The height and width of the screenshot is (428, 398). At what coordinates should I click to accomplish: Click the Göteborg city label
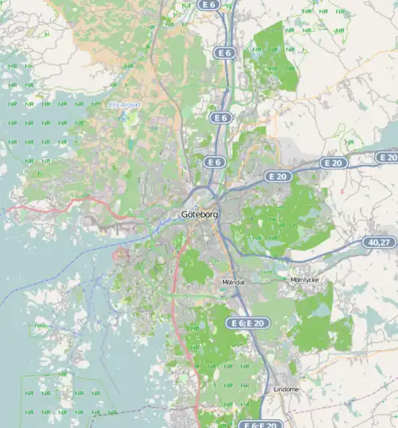(199, 214)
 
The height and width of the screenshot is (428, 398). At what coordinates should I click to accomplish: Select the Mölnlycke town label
(304, 280)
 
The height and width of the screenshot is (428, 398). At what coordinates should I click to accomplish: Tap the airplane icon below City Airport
(123, 117)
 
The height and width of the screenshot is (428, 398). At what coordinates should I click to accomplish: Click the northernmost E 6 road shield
(209, 5)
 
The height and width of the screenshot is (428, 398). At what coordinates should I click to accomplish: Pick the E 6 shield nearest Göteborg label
(213, 161)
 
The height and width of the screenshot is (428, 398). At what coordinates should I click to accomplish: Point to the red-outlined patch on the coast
(121, 255)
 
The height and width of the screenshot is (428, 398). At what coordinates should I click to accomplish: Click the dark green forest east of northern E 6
(275, 56)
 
